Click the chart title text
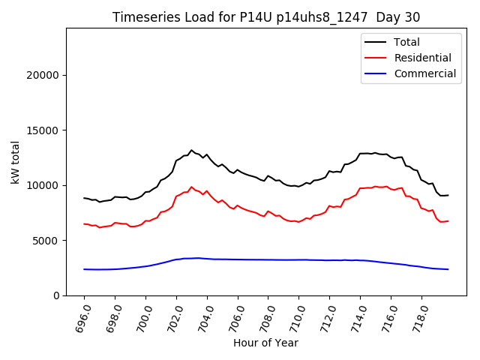tap(266, 17)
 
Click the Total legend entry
tap(407, 42)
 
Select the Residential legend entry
tap(423, 58)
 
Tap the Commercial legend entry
tap(424, 73)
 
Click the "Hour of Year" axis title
tap(266, 343)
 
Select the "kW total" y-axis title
tap(15, 162)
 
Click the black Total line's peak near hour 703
tap(191, 150)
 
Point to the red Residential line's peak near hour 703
tap(191, 187)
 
